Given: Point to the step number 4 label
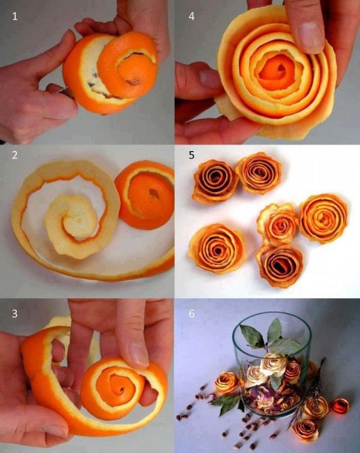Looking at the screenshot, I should point(191,17).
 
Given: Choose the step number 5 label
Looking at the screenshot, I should point(191,156).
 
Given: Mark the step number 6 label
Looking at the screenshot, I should point(191,312).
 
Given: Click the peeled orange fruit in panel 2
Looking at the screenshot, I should point(145,193).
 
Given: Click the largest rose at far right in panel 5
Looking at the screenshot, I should point(323,218).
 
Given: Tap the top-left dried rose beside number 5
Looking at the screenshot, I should point(216,181).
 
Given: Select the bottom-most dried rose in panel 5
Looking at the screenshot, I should point(279,265).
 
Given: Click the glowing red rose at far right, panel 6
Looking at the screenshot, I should point(340,406).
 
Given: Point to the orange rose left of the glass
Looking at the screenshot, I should point(227,382).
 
